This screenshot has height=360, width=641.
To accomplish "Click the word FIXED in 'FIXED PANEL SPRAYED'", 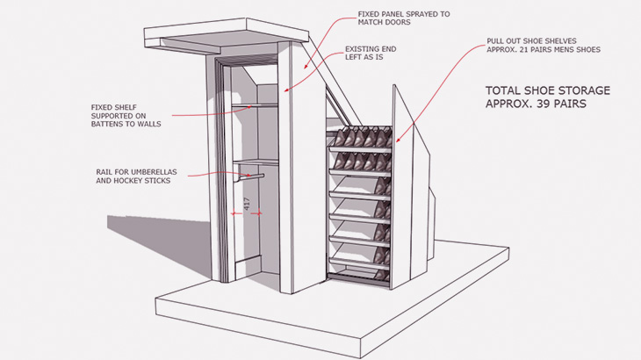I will [370, 15].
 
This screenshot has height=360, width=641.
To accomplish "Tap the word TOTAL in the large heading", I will [505, 90].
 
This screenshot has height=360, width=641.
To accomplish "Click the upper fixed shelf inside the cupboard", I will [255, 106].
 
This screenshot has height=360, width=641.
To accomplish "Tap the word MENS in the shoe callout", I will [568, 50].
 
